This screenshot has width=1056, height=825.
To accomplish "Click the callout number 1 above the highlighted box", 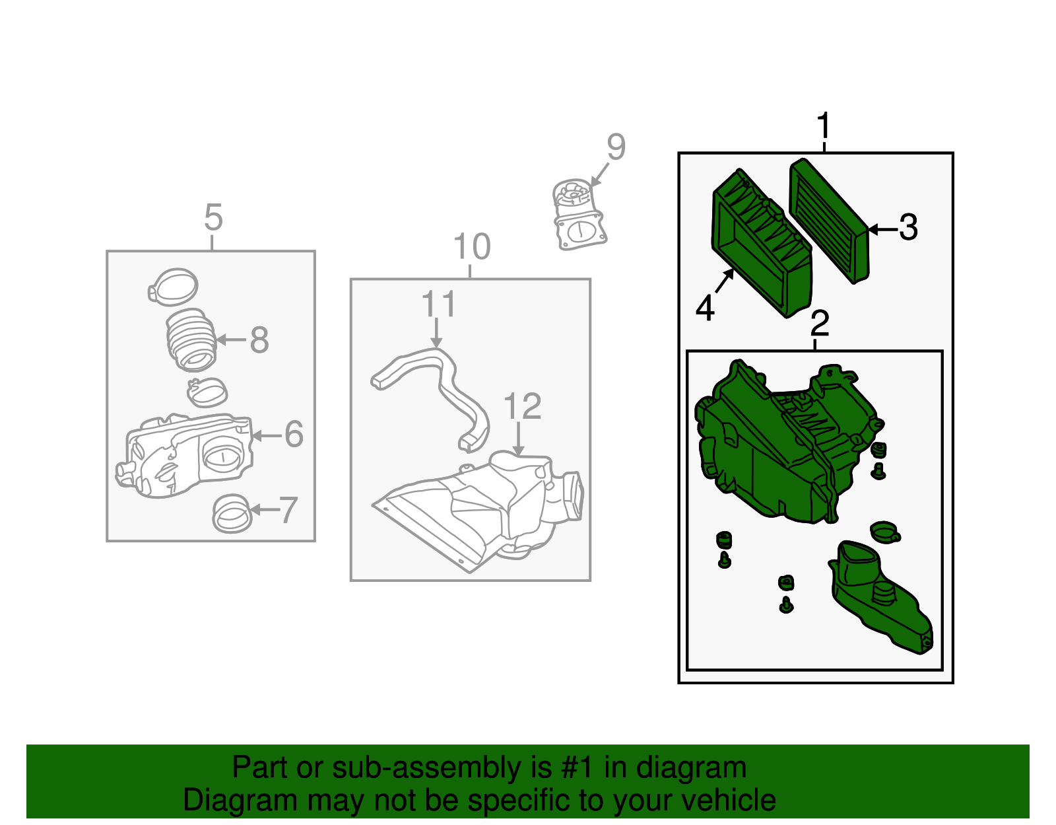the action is tap(824, 126).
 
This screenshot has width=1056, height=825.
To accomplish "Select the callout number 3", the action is tap(907, 227).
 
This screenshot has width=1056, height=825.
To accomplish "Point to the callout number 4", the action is tap(705, 308).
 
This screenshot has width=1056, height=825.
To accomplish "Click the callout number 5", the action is tap(213, 217).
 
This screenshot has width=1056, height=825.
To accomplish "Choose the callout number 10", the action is tap(471, 246).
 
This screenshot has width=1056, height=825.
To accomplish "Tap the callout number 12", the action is tap(523, 406).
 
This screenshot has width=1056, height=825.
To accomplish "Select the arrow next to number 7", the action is tap(265, 509).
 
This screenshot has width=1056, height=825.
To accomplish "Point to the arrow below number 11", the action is tap(436, 334).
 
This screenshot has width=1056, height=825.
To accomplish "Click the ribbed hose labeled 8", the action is tap(191, 340).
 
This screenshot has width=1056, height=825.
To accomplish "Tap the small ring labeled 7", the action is tap(232, 513).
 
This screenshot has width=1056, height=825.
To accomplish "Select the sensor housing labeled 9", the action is tap(579, 215).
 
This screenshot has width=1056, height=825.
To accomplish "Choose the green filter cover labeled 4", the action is tap(762, 244).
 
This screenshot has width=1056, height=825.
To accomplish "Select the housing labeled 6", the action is tap(184, 456).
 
